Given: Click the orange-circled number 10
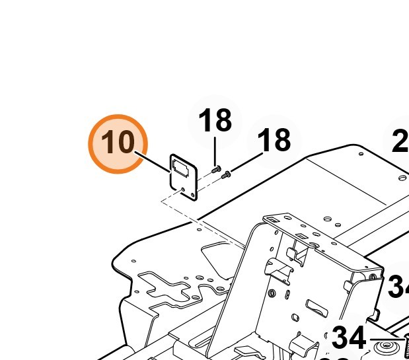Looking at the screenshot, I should [118, 143].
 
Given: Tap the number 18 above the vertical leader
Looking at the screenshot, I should [215, 121].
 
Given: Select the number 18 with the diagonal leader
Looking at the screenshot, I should [274, 141].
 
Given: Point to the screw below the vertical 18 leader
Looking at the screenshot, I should [216, 170].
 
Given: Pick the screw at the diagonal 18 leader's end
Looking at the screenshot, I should [227, 175].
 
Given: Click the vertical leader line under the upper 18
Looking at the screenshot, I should [215, 151].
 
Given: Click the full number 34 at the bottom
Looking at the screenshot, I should [348, 338].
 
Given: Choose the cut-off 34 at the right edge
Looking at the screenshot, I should [398, 287].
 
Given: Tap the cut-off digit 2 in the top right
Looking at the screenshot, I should [400, 142].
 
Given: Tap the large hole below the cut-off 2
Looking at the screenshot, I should [402, 177].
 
